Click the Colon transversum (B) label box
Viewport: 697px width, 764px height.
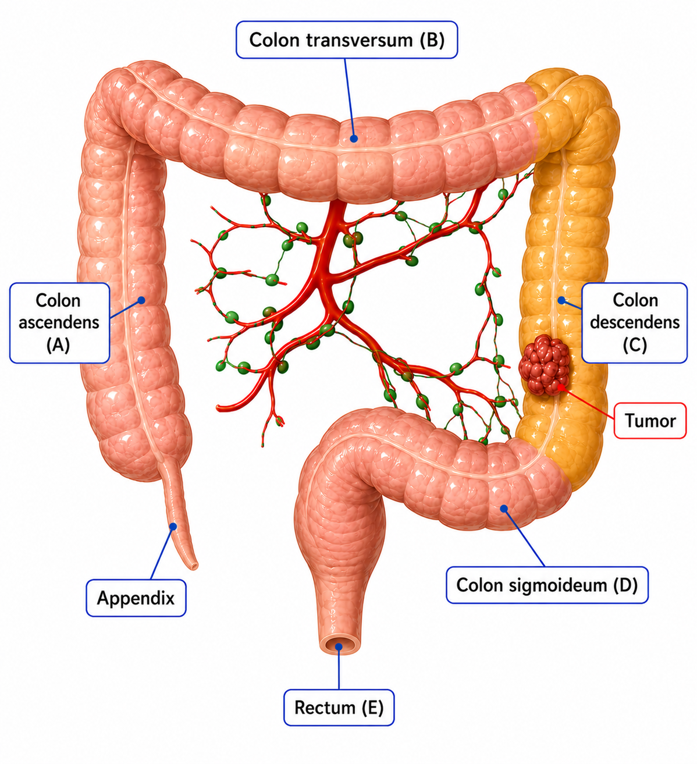coord(347,40)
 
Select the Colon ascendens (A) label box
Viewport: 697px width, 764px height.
coord(60,322)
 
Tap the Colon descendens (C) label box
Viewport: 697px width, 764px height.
coord(635,322)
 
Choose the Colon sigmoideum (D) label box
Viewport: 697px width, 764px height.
coord(547,585)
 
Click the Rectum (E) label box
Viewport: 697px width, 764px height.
coord(339,707)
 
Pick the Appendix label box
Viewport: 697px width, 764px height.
coord(136,598)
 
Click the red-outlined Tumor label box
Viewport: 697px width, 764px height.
coord(650,421)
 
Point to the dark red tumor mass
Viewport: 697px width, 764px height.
coord(544,364)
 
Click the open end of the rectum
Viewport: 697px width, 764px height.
coord(339,646)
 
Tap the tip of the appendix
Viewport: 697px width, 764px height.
coord(194,566)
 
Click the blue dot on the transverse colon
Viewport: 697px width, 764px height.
coord(354,138)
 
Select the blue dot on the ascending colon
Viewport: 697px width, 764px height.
coord(141,300)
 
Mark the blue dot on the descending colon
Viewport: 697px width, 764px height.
coord(561,300)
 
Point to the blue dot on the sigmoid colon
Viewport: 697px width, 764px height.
coord(504,509)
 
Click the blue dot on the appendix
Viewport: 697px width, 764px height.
coord(173,527)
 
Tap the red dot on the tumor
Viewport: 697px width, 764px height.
coord(560,388)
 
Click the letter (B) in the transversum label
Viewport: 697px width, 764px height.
coord(432,40)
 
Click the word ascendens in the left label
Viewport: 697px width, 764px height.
coord(59,322)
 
